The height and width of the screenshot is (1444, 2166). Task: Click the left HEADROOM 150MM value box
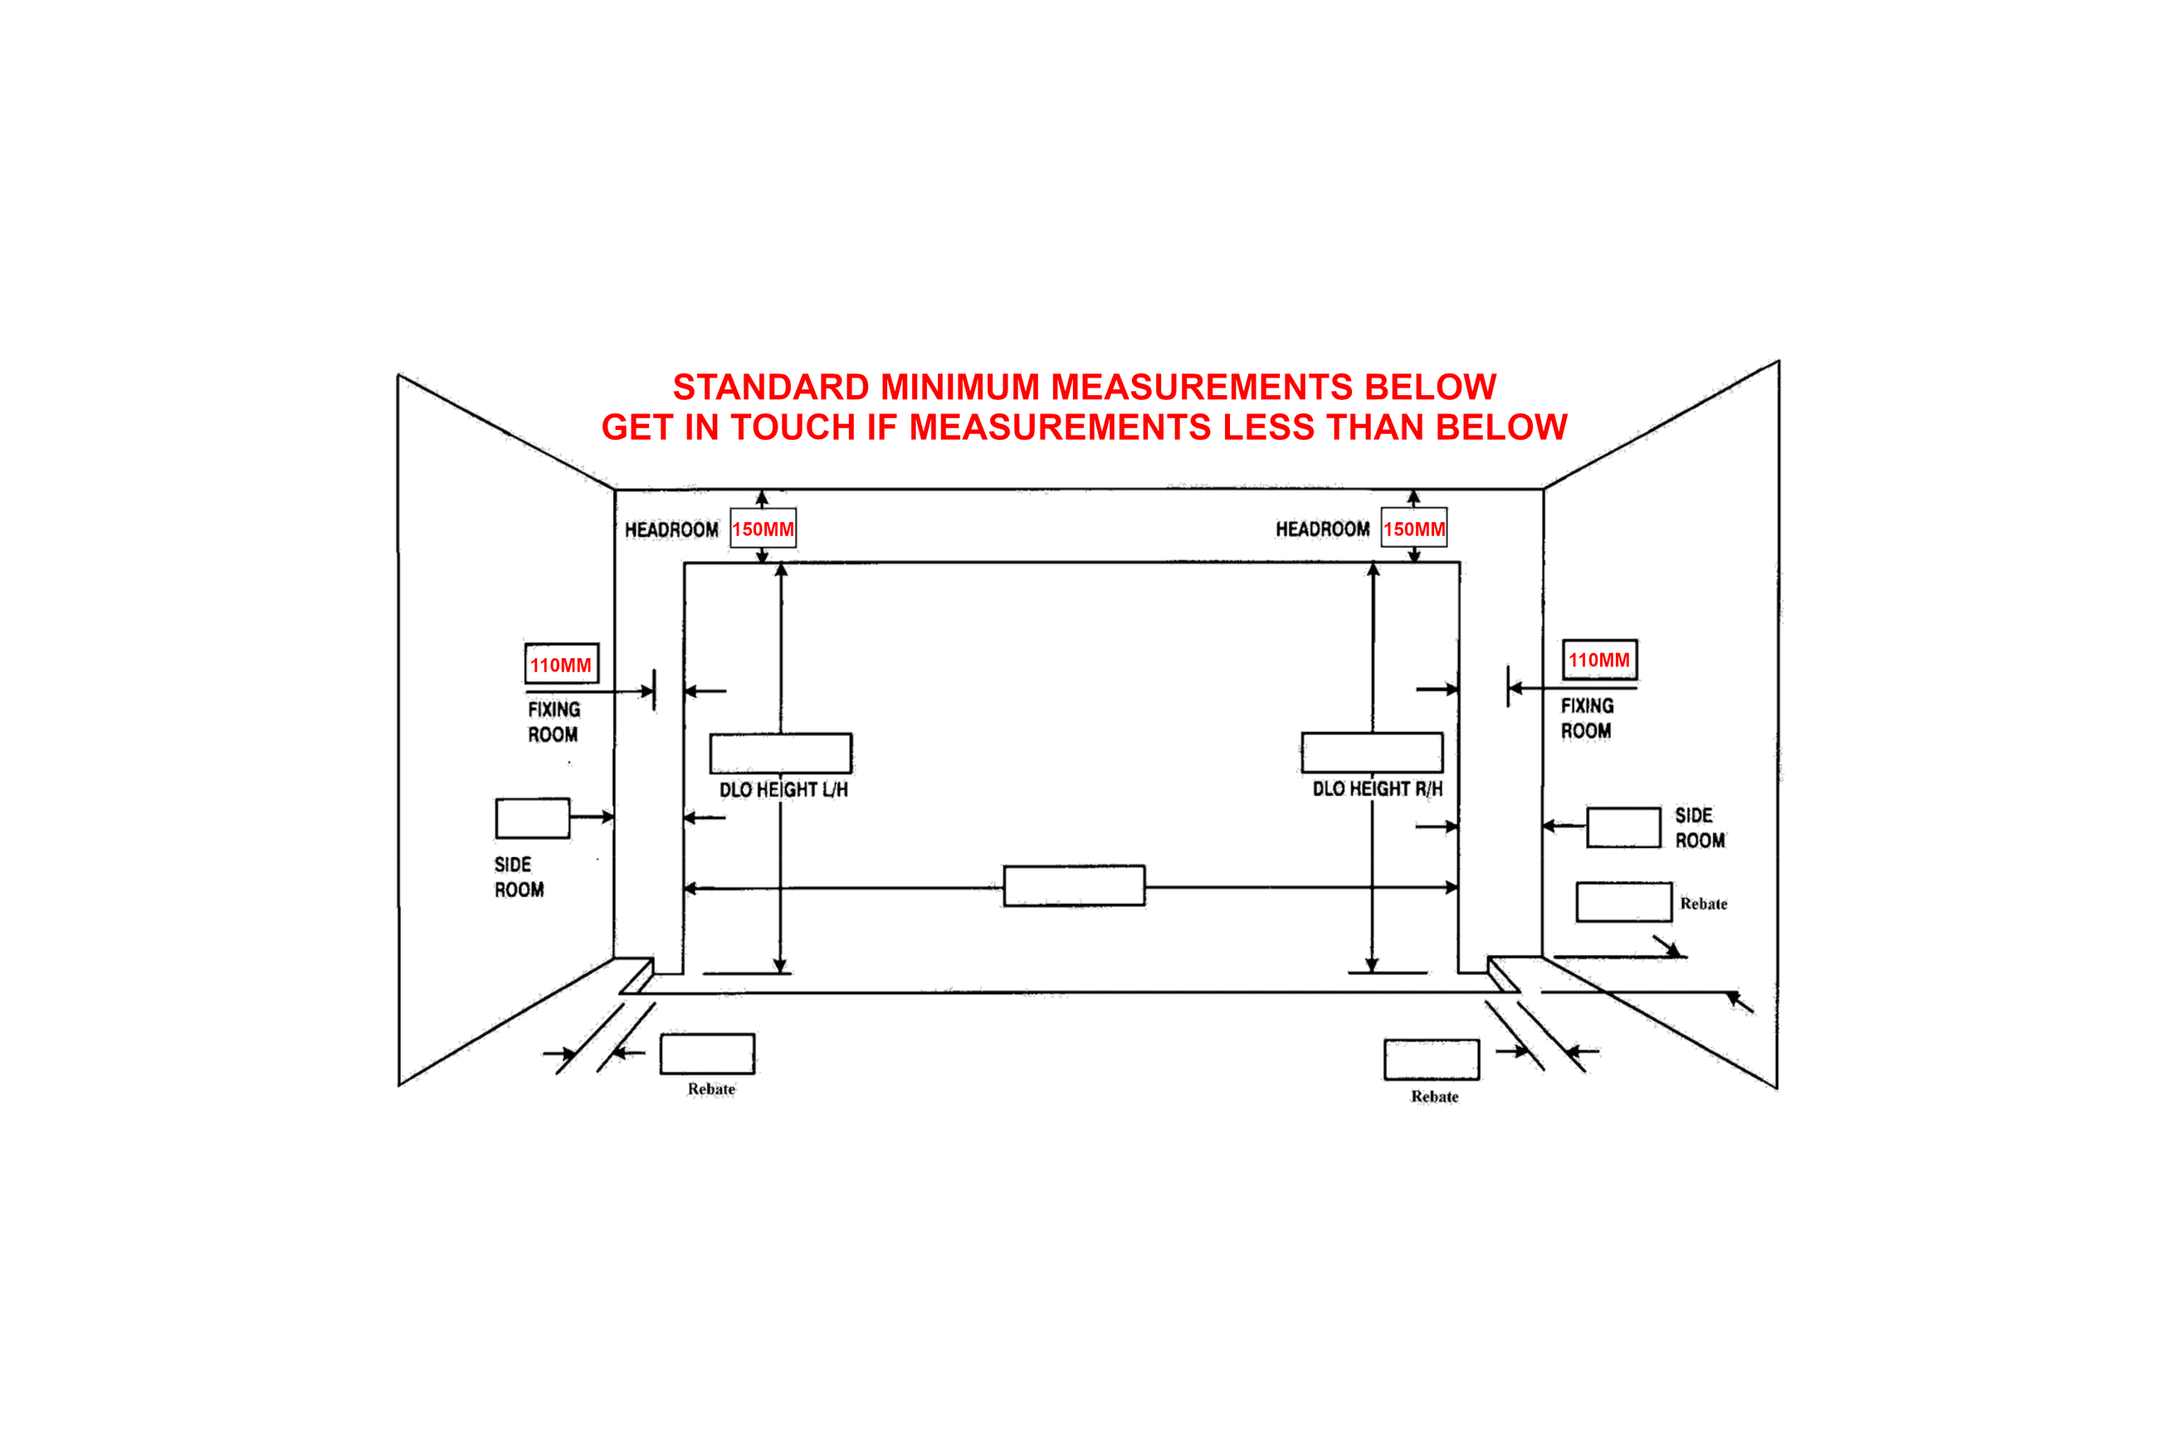(763, 529)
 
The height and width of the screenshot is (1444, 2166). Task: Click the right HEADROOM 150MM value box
(1413, 528)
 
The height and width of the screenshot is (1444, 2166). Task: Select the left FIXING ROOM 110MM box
(562, 663)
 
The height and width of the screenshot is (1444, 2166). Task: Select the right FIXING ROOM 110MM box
(1600, 660)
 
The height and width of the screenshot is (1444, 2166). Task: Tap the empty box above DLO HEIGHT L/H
(781, 754)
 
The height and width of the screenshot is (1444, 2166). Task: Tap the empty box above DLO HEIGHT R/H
(1372, 753)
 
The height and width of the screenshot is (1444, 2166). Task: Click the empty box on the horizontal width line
(1074, 886)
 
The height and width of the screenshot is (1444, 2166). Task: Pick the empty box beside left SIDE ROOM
(532, 817)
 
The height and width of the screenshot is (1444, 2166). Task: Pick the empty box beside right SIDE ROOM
(1623, 827)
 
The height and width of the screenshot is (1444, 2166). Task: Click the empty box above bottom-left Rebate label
(707, 1053)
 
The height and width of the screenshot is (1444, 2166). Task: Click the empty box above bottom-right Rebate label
(1432, 1059)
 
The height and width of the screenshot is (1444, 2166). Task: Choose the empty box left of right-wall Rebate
(1623, 901)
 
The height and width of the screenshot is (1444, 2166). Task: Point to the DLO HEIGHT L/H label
(783, 790)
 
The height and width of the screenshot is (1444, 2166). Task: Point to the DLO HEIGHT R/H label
(1378, 789)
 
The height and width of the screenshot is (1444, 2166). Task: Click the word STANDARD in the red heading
(771, 387)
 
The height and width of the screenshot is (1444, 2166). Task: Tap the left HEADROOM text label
(671, 529)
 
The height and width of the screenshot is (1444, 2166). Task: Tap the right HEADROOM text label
(1323, 529)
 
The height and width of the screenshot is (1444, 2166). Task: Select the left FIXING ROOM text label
(554, 722)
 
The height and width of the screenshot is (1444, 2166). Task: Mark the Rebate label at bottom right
(1435, 1097)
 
